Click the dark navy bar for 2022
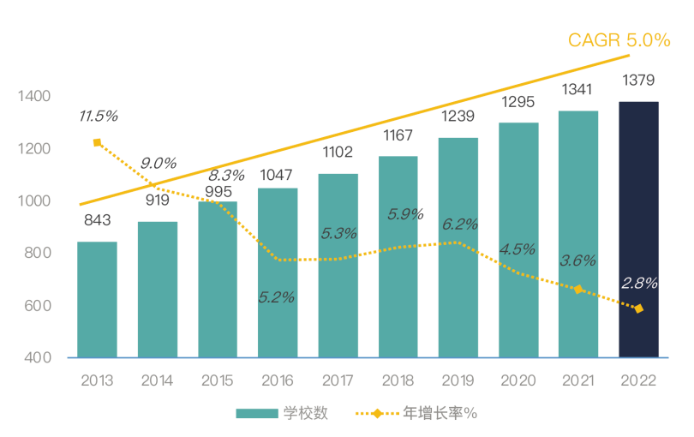point(638,230)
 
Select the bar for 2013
point(97,299)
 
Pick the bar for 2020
point(518,240)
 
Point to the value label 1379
point(638,81)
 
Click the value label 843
point(97,221)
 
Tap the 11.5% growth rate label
point(98,116)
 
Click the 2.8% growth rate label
point(639,284)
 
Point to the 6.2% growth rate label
point(459,224)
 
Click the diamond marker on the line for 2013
point(97,142)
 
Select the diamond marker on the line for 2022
point(638,308)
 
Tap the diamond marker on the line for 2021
point(578,290)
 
